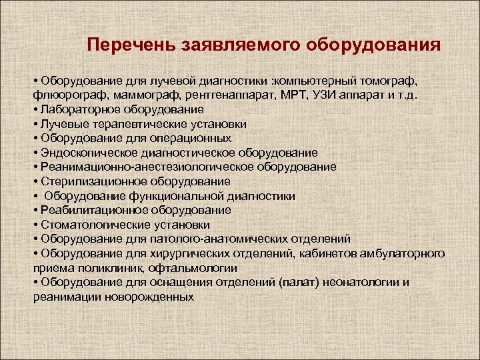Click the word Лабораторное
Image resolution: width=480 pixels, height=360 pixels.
[x=75, y=108]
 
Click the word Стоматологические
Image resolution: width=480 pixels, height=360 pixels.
[x=87, y=225]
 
